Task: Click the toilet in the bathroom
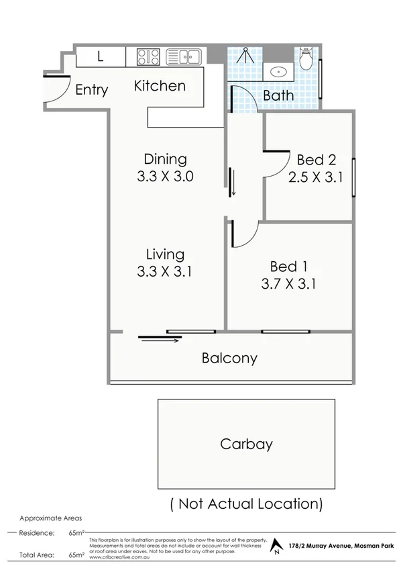306,60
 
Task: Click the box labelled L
100,57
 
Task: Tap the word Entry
91,90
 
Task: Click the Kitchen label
160,86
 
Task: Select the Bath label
278,96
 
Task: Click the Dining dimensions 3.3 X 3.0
165,177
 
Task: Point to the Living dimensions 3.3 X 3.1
165,273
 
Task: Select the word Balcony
229,358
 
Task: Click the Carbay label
246,444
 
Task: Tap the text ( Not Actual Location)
246,503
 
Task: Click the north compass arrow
274,547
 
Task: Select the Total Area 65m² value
75,555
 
